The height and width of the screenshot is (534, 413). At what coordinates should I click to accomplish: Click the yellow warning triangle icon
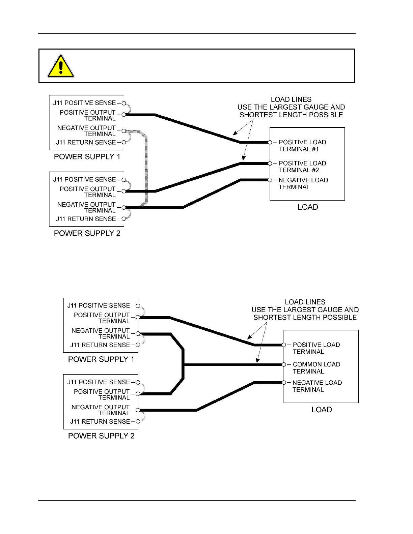61,66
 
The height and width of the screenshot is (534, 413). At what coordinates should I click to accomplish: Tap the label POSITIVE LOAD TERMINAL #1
302,146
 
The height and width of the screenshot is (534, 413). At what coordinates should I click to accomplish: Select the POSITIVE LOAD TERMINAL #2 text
302,167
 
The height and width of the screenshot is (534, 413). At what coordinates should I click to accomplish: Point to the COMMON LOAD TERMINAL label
316,368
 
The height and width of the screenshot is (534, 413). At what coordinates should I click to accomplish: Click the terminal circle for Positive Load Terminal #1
270,142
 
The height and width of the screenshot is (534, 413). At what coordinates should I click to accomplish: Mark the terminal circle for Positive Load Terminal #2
270,164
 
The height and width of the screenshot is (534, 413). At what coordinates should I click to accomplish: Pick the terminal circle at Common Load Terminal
284,364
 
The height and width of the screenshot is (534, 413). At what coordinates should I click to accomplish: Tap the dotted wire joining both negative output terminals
146,169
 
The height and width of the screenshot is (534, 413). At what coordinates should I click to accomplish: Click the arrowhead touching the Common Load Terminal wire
257,361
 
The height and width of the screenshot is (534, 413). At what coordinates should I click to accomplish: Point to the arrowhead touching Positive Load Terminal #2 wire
244,158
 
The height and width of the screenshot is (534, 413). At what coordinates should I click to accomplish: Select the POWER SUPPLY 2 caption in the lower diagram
101,436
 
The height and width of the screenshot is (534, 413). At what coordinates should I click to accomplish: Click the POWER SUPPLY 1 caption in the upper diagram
87,157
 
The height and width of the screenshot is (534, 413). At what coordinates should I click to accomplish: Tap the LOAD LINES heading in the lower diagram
305,302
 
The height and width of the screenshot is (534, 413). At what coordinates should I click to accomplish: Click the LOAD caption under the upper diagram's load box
308,207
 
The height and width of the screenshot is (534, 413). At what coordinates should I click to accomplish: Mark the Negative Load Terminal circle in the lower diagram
284,383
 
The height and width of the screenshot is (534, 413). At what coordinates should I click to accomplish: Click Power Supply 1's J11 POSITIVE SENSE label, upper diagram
84,103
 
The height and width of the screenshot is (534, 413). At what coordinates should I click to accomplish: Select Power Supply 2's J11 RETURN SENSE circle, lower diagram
138,421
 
